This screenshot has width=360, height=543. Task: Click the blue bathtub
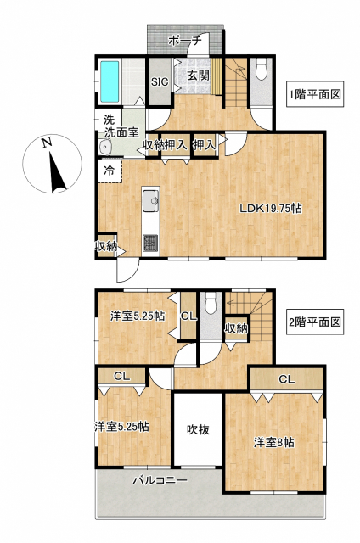click(x=110, y=81)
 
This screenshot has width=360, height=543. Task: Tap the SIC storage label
click(x=160, y=81)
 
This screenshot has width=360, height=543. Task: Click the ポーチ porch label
click(x=185, y=41)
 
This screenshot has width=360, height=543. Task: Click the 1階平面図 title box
click(x=315, y=94)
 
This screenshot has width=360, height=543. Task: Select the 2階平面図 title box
click(x=315, y=322)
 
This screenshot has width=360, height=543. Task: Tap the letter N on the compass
click(x=47, y=143)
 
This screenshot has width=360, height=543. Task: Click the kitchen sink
click(x=151, y=200)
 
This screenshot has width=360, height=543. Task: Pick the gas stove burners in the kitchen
click(x=151, y=243)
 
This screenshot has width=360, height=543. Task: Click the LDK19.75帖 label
click(x=271, y=208)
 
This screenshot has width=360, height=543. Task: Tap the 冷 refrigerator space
click(x=110, y=171)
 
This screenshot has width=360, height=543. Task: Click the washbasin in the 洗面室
click(x=105, y=147)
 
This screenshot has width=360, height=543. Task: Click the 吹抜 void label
click(x=198, y=430)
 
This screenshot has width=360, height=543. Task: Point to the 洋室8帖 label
click(x=274, y=442)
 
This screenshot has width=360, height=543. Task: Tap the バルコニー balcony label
click(x=160, y=480)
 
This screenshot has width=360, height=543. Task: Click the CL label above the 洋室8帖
click(x=287, y=379)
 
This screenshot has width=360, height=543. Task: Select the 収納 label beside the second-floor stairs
click(x=236, y=328)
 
